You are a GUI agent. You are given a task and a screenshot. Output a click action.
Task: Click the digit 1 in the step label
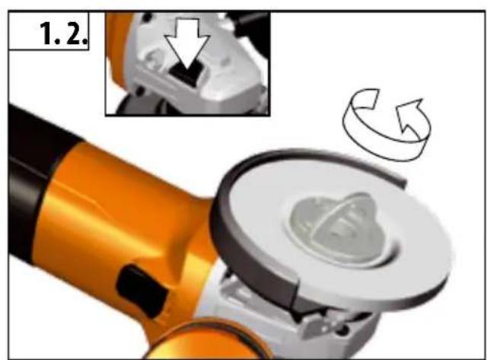click(x=47, y=33)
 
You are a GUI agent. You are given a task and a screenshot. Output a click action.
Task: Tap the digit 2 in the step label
click(x=74, y=33)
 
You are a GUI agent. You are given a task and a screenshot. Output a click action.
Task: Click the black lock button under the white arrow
click(x=186, y=74)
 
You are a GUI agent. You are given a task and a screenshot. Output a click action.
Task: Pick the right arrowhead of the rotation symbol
click(x=410, y=113)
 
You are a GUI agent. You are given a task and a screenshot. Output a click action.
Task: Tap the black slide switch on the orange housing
click(x=142, y=291)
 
